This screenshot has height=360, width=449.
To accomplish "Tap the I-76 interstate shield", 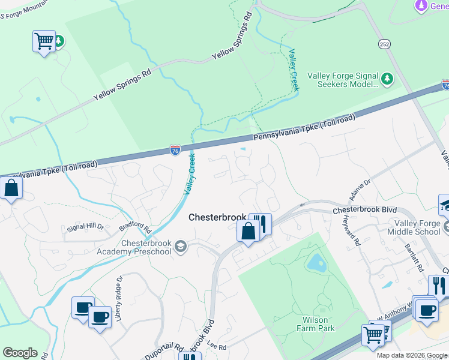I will pos(175,150).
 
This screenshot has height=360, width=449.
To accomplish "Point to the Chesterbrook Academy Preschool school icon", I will pos(180,247).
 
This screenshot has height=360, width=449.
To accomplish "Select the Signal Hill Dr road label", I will pos(85,227).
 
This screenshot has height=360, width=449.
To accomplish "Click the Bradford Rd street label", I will pos(135,229).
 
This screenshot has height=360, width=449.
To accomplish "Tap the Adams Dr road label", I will pos(360,190).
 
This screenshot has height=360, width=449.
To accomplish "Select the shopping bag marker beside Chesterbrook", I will pos(249,230).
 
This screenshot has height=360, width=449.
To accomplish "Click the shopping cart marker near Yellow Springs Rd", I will pos(44,41).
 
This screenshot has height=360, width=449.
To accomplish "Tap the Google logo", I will pos(20,353).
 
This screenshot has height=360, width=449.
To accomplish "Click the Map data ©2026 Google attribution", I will pos(412,355).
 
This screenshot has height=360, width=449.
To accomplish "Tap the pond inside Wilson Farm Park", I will pos(314,262).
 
